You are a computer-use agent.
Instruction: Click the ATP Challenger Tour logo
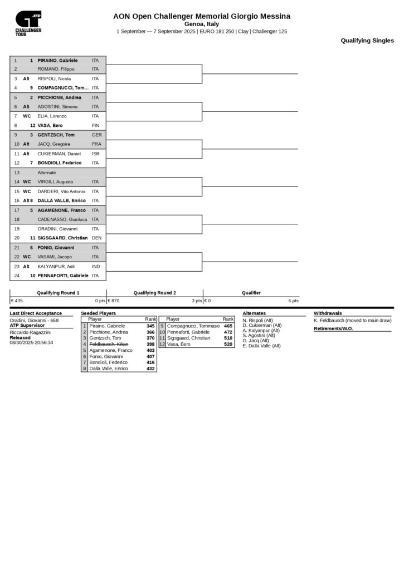[x=28, y=23]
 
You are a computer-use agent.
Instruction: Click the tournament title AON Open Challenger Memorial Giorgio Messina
[x=202, y=16]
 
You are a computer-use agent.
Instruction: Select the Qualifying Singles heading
[x=367, y=41]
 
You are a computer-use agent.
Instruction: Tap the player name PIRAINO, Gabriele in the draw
[x=57, y=60]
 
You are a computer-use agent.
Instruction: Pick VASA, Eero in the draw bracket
[x=50, y=126]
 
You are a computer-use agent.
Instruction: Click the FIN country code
[x=95, y=126]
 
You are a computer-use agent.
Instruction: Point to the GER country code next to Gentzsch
[x=96, y=135]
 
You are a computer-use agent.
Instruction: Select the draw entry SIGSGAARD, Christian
[x=62, y=238]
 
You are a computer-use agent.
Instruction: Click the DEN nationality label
[x=96, y=238]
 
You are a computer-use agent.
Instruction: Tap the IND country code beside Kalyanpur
[x=96, y=267]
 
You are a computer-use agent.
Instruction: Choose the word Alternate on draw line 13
[x=47, y=173]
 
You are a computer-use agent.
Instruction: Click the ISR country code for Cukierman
[x=96, y=154]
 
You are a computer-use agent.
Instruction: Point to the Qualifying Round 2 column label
[x=154, y=293]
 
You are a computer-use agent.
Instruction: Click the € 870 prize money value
[x=114, y=301]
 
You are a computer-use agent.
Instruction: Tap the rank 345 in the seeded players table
[x=150, y=326]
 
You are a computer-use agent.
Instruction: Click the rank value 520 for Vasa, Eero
[x=228, y=344]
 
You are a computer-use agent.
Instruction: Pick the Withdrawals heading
[x=328, y=313]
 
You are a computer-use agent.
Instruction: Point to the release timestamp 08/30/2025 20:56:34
[x=31, y=343]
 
